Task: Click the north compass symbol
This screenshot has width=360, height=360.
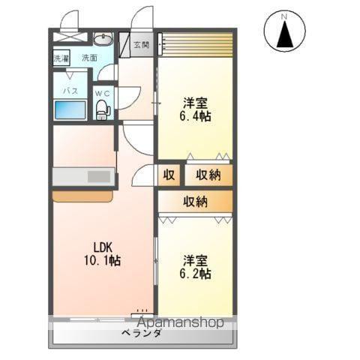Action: [x=284, y=32]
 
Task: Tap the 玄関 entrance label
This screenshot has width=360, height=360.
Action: [x=141, y=45]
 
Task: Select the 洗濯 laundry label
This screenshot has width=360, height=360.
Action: [x=61, y=58]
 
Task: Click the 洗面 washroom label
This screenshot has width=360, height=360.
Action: [x=89, y=58]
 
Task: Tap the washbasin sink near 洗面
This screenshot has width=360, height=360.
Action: [x=103, y=40]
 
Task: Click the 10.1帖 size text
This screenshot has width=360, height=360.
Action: [x=103, y=260]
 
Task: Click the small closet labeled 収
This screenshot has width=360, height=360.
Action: [x=169, y=175]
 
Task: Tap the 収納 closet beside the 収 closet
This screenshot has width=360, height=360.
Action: [x=208, y=175]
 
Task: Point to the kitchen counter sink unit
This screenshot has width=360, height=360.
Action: [x=82, y=177]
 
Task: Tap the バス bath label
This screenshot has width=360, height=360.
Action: [x=70, y=90]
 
